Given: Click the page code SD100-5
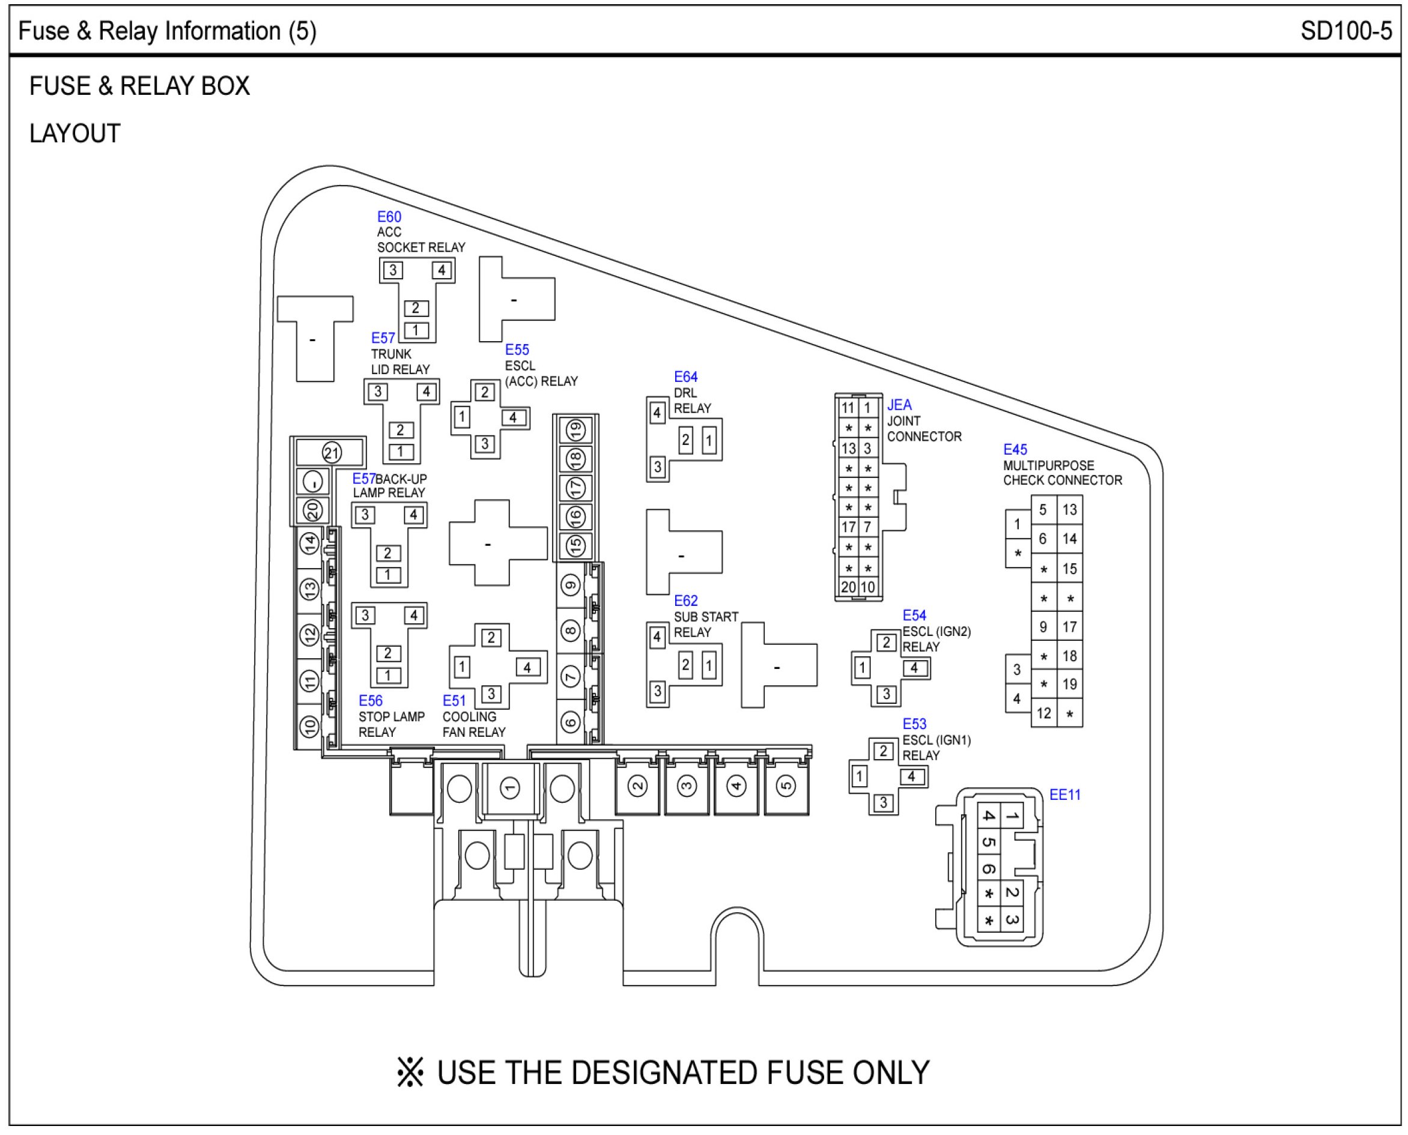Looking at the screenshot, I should coord(1346,31).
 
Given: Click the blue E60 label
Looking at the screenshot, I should coord(389,217).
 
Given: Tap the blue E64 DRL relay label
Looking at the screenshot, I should coord(685,377).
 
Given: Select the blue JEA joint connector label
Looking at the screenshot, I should coord(899,405).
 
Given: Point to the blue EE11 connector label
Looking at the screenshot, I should coord(1064,795).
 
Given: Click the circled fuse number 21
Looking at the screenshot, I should coord(332,452).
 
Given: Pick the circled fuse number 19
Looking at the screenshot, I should coord(575,430).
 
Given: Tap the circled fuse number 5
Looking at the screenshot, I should coord(786,786).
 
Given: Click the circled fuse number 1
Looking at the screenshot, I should coord(510,788).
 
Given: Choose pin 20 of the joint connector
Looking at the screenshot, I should coord(848,587).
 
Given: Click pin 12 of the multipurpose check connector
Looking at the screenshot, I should coord(1044,713).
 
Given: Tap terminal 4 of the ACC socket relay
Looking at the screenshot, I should coord(442,270).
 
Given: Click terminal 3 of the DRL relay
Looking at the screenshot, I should coord(658,467).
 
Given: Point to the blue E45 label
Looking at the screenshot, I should coord(1015,450).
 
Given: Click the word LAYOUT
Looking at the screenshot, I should coord(75,133).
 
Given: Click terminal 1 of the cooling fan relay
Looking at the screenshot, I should coord(462,667).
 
